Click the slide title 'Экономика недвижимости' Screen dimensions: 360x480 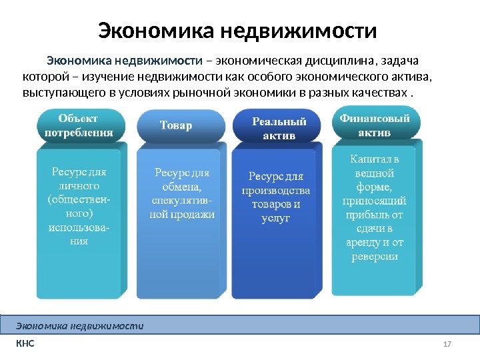click(x=237, y=31)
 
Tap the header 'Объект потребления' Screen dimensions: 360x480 click(x=79, y=125)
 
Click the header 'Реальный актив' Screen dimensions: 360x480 click(x=279, y=129)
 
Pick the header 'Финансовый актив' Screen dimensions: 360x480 click(x=375, y=125)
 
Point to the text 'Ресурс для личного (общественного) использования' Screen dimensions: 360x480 click(x=79, y=206)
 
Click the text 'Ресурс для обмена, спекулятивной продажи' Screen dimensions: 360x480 click(x=182, y=193)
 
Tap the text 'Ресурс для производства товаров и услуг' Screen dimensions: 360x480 click(x=276, y=197)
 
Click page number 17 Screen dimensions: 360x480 click(x=447, y=344)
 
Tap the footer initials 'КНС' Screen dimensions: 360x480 click(x=25, y=344)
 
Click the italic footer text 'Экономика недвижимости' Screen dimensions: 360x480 click(x=80, y=326)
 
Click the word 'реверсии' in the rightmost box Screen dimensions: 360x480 click(x=375, y=256)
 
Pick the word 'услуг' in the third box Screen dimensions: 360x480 click(x=276, y=218)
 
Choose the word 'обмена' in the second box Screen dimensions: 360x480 click(x=182, y=187)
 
